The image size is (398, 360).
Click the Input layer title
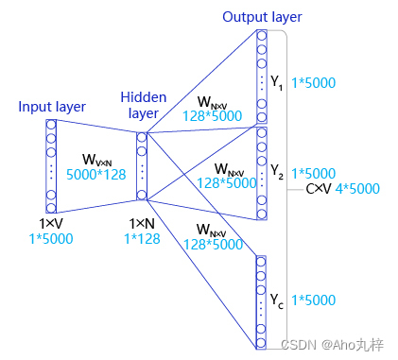pos(51,107)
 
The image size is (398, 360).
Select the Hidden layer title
pos(143,106)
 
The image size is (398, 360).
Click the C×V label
pos(317,188)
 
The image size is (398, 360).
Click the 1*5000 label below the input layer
pos(51,237)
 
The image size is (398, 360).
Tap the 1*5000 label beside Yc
pos(314,302)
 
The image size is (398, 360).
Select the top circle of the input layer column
pos(51,126)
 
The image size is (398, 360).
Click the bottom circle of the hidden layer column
pos(142,196)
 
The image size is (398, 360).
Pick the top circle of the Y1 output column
pos(261,37)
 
